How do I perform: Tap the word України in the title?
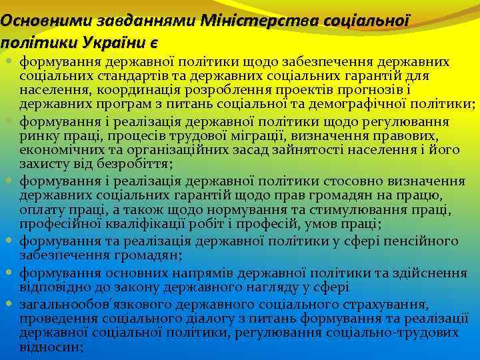pyautogui.click(x=110, y=42)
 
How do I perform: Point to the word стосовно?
pyautogui.click(x=350, y=181)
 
